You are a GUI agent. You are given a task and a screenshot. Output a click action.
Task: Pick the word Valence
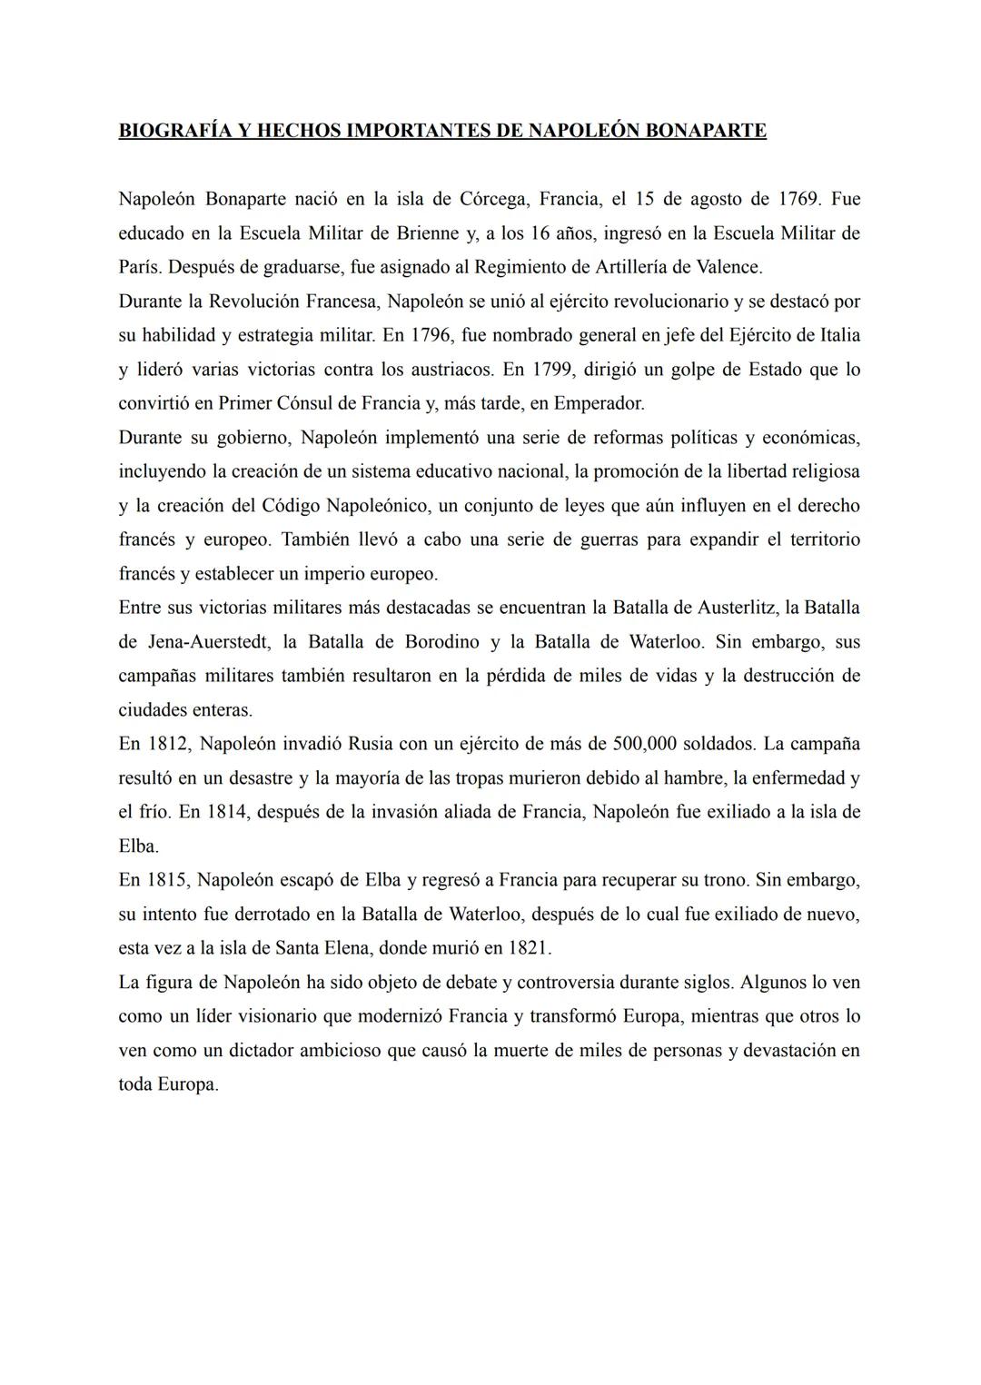coord(728,267)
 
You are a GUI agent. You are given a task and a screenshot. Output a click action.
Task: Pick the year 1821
coord(527,948)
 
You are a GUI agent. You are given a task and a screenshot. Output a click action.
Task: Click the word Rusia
coord(371,744)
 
